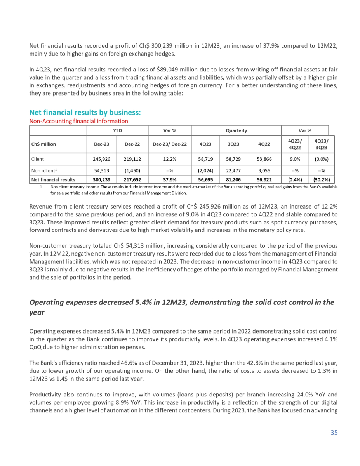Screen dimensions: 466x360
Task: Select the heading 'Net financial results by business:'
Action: pyautogui.click(x=85, y=113)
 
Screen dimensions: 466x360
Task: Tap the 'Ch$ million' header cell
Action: pyautogui.click(x=44, y=144)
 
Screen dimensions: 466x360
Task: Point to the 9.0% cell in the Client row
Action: pyautogui.click(x=294, y=158)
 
